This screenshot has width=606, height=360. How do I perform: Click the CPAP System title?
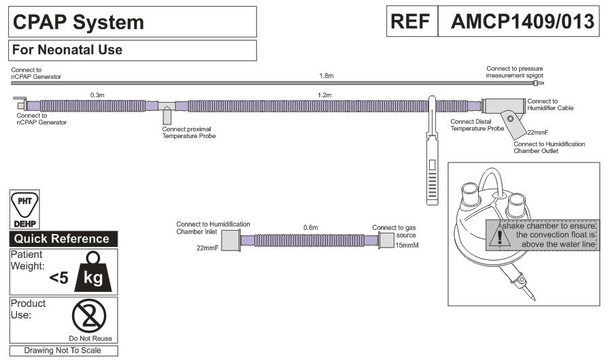click(x=79, y=22)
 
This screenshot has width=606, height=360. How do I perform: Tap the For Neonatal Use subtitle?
click(x=67, y=50)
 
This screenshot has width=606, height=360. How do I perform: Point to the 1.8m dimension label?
click(x=327, y=76)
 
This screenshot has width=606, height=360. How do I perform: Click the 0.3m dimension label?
click(x=97, y=95)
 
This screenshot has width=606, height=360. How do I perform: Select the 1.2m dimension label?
click(x=324, y=95)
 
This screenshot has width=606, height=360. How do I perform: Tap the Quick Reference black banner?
click(x=63, y=239)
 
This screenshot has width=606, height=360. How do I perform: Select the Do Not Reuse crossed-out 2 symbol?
click(x=90, y=315)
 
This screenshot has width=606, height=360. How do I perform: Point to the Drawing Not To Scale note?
click(x=63, y=350)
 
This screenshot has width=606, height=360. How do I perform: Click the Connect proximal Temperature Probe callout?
click(x=189, y=132)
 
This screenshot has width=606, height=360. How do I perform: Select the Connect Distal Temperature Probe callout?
click(x=477, y=125)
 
